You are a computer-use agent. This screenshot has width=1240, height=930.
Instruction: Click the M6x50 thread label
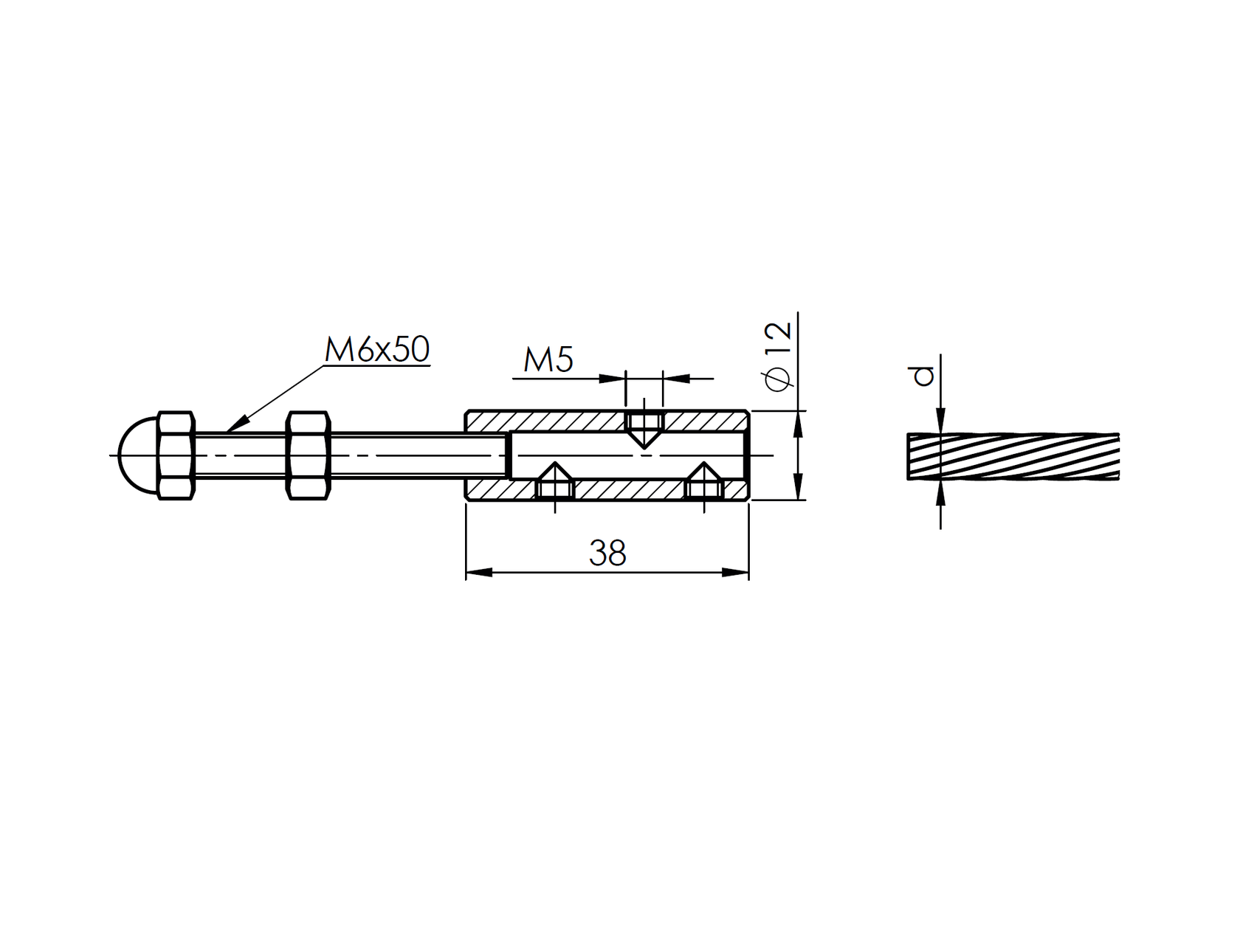tap(377, 350)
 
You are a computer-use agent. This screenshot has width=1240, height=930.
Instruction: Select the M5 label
tap(548, 359)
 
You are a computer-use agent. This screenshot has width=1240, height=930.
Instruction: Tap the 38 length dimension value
tap(607, 553)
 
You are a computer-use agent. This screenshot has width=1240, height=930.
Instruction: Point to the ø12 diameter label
tap(779, 356)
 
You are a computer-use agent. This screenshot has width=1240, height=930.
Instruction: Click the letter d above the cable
tap(923, 376)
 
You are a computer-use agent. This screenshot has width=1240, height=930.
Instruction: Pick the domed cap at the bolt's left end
tap(138, 455)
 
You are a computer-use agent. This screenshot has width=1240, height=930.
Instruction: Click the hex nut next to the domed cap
tap(177, 455)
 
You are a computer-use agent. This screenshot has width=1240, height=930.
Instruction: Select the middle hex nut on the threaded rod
tap(308, 455)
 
